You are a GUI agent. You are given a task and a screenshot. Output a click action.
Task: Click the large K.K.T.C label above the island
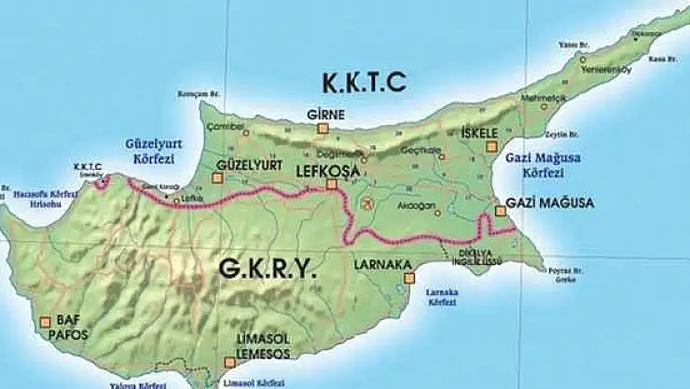[x=365, y=82]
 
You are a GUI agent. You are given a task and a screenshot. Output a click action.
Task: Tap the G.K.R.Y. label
[x=267, y=269]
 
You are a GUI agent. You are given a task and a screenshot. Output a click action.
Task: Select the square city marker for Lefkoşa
[x=331, y=185]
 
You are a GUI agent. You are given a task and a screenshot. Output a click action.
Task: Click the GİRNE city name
[x=325, y=115]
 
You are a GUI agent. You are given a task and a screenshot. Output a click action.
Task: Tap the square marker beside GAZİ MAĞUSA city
[x=500, y=212]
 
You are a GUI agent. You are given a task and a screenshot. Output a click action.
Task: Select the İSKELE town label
[x=480, y=132]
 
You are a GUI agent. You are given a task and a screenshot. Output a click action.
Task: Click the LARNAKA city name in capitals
[x=382, y=264]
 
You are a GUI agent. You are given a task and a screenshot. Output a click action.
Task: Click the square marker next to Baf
[x=45, y=324]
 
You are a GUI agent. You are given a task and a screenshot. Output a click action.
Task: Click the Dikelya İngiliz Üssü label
[x=474, y=251]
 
